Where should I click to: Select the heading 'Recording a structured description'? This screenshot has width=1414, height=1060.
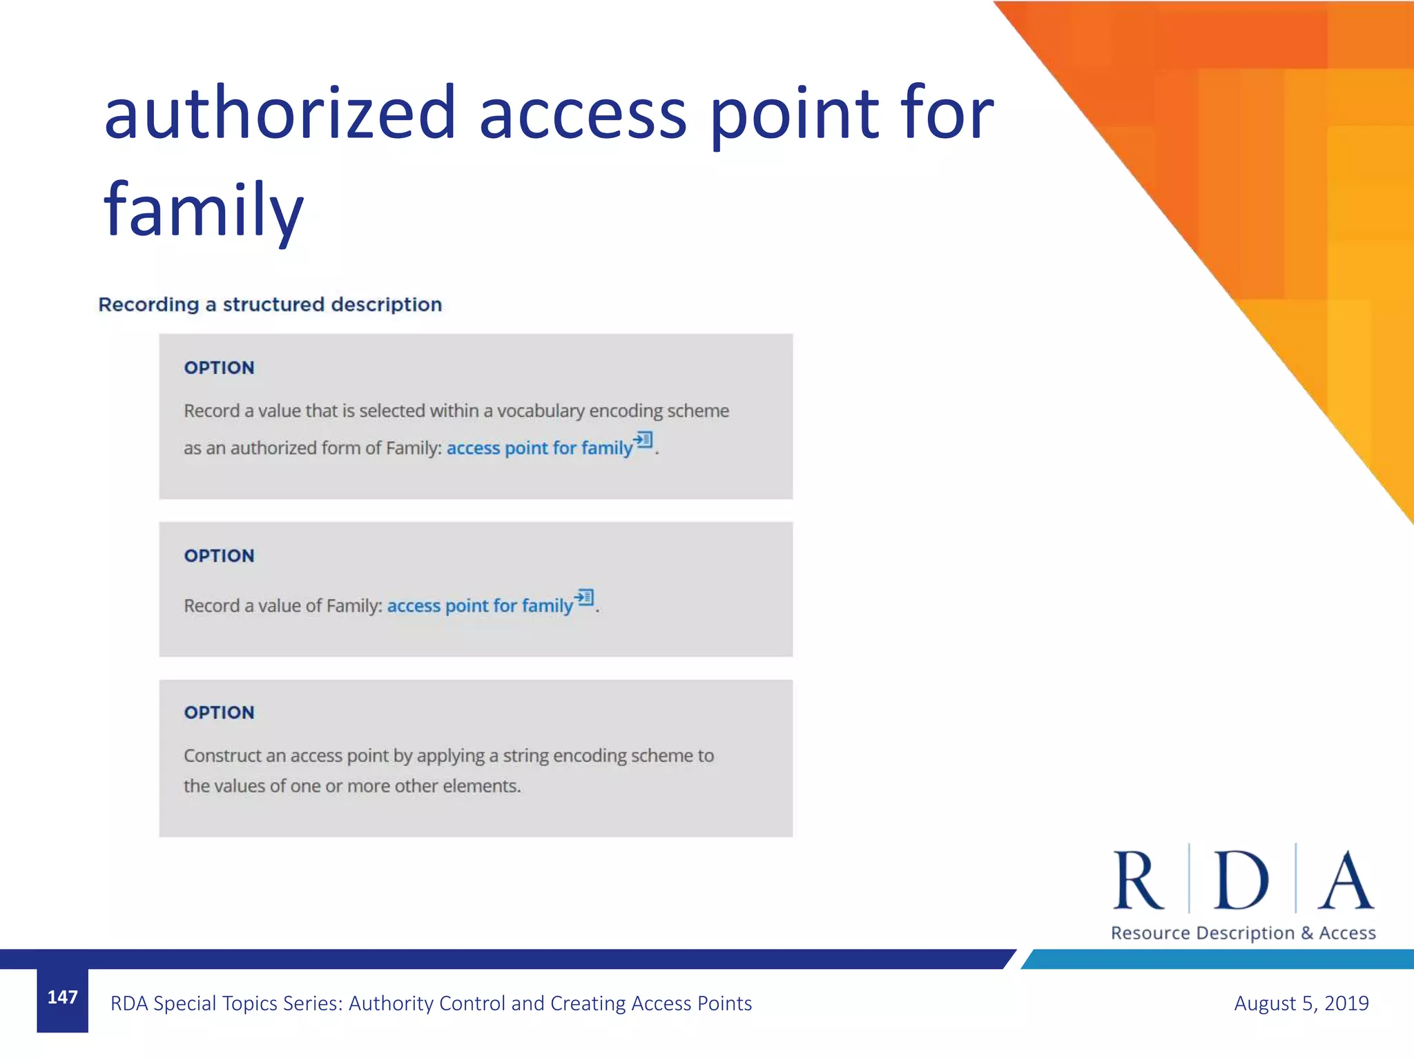[x=270, y=304]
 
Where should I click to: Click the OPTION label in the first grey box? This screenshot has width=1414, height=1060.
[x=219, y=368]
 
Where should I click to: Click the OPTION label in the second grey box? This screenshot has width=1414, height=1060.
[x=219, y=556]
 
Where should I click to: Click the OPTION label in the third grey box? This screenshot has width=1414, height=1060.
[x=219, y=712]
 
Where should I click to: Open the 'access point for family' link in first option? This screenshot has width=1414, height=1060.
[x=539, y=449]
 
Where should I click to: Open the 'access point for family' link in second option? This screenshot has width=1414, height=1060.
[x=480, y=606]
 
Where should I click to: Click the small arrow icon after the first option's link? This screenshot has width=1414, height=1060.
[x=643, y=440]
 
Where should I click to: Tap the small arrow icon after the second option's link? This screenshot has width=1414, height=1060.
[x=584, y=597]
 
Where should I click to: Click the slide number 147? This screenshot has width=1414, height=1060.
[x=62, y=997]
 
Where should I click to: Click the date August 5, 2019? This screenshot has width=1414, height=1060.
[x=1301, y=1003]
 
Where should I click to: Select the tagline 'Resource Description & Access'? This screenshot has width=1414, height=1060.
[x=1243, y=933]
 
